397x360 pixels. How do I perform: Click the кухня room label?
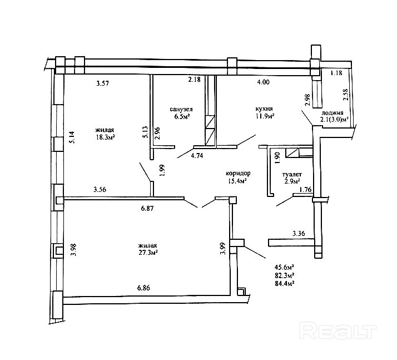264,109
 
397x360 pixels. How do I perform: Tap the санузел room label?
181,109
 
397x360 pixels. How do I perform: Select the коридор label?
238,173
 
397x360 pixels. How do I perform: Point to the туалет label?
292,175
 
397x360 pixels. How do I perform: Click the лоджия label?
332,113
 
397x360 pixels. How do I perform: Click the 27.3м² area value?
148,253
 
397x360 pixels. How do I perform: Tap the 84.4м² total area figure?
284,283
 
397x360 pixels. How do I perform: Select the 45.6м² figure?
284,267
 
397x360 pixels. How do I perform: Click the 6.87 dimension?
147,209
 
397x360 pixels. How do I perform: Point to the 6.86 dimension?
143,288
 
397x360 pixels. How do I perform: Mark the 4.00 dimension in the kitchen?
263,82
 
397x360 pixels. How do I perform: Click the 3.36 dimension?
299,233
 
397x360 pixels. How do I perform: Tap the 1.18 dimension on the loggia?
336,73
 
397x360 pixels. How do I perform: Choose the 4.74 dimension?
197,156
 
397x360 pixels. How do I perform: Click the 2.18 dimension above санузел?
194,80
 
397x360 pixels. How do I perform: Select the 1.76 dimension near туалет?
305,190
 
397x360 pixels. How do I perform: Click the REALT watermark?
338,330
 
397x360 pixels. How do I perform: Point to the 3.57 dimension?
102,83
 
